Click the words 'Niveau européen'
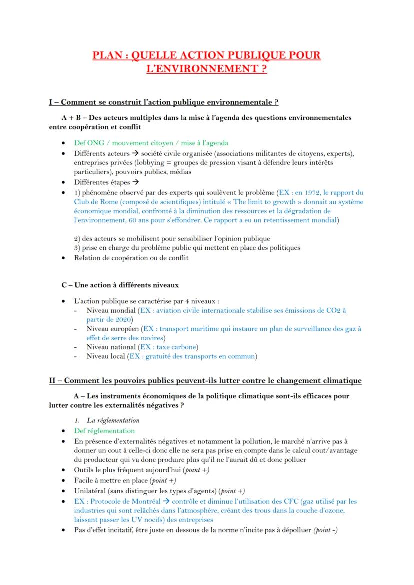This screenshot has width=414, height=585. [113, 329]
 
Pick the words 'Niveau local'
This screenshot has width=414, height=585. [106, 356]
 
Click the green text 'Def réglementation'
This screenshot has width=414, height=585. [104, 430]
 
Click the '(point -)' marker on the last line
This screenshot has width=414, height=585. [325, 530]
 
